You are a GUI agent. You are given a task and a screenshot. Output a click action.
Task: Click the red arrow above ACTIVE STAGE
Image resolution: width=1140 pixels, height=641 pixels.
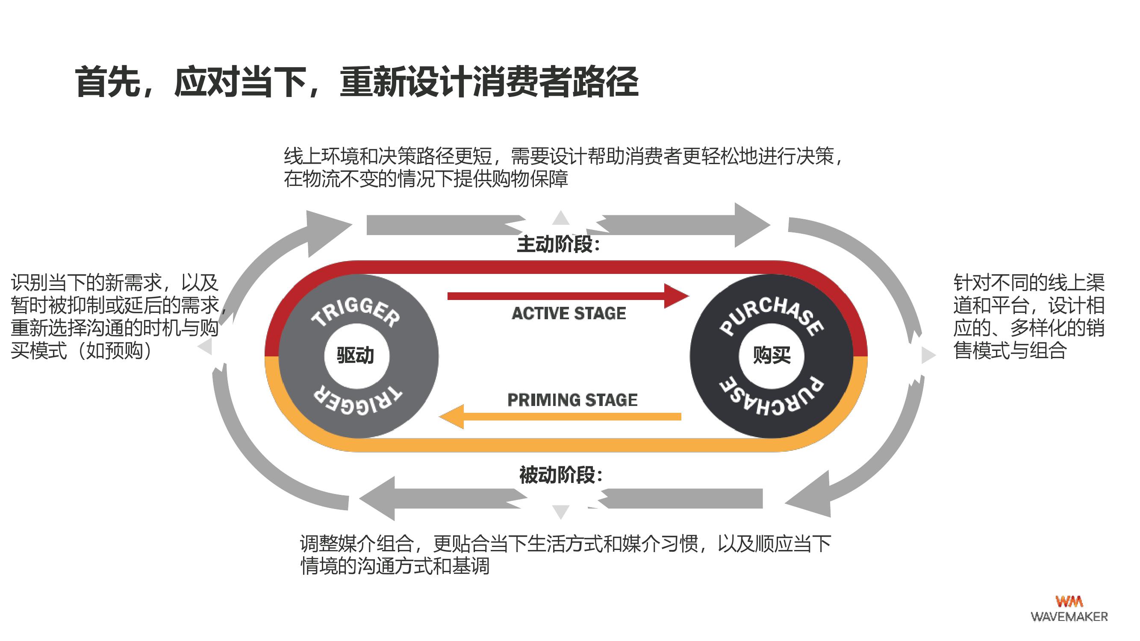coord(566,296)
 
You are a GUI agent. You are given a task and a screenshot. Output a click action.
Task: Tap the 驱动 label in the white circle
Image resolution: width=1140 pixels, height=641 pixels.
coord(355,355)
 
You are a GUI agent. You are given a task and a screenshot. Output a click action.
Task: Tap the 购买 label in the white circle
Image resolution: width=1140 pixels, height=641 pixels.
coord(772,355)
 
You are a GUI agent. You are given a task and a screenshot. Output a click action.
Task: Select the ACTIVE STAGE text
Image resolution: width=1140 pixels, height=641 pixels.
coord(569,314)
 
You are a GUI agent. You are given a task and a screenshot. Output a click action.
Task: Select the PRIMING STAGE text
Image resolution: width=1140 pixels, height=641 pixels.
coord(572,400)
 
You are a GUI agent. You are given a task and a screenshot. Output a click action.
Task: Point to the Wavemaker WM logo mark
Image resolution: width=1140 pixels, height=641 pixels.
coord(1069,601)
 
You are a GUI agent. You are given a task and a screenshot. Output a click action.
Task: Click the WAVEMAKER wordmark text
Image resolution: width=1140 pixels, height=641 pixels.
coord(1069,617)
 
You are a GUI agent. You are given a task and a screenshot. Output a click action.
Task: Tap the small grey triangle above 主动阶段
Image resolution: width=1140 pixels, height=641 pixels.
coord(561,218)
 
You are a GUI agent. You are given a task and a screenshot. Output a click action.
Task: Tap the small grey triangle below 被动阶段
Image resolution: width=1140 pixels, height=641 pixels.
coord(561,512)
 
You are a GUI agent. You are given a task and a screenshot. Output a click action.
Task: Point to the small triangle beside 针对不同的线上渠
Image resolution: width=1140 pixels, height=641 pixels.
coord(928,355)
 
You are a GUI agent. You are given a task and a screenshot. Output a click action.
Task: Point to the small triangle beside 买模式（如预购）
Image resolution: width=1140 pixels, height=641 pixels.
coord(206,347)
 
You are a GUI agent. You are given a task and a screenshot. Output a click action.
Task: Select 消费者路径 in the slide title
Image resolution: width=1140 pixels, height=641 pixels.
coord(555,82)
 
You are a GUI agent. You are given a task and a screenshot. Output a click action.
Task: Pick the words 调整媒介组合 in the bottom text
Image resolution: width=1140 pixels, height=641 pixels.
coord(356,544)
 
